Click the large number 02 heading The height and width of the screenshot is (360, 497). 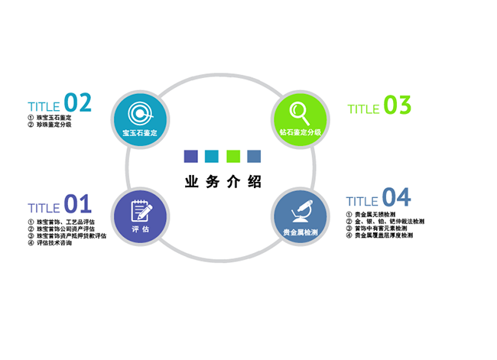[78, 102]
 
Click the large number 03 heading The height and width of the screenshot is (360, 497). [398, 105]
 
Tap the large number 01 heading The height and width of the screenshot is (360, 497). [78, 204]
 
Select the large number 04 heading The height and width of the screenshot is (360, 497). [396, 198]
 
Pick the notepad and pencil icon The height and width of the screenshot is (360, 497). [140, 210]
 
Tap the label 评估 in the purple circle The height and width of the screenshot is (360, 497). [140, 229]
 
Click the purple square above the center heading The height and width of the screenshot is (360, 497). [191, 157]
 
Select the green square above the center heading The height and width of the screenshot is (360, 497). [233, 157]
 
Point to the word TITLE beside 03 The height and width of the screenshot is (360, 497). [363, 109]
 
